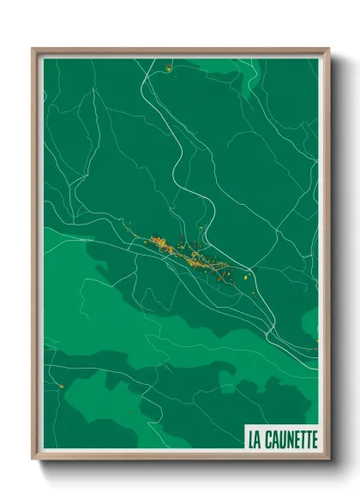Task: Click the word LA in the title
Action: tap(255, 439)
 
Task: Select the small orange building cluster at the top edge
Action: tap(169, 68)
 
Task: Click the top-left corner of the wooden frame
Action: tap(33, 49)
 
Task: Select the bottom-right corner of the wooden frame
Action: tap(328, 459)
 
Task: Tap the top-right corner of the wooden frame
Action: tap(328, 49)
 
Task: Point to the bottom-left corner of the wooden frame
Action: tap(33, 459)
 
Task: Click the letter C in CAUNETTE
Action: tap(271, 439)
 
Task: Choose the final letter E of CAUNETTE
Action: tap(313, 439)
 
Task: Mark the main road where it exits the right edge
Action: tap(316, 350)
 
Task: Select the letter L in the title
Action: tap(251, 439)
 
